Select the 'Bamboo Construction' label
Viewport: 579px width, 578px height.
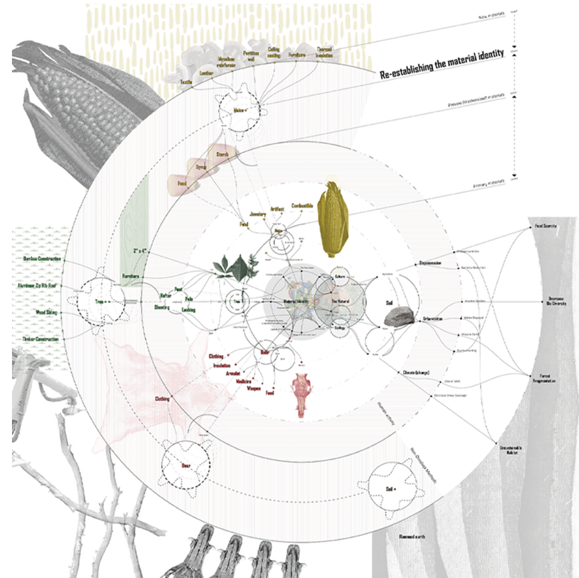[x=42, y=258]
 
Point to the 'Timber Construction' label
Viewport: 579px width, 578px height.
[x=40, y=339]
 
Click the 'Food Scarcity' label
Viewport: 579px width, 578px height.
[x=545, y=227]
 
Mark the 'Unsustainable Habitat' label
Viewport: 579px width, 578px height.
[x=509, y=451]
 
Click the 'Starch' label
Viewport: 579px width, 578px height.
[x=222, y=154]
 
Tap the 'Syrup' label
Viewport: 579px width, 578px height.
[x=202, y=168]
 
